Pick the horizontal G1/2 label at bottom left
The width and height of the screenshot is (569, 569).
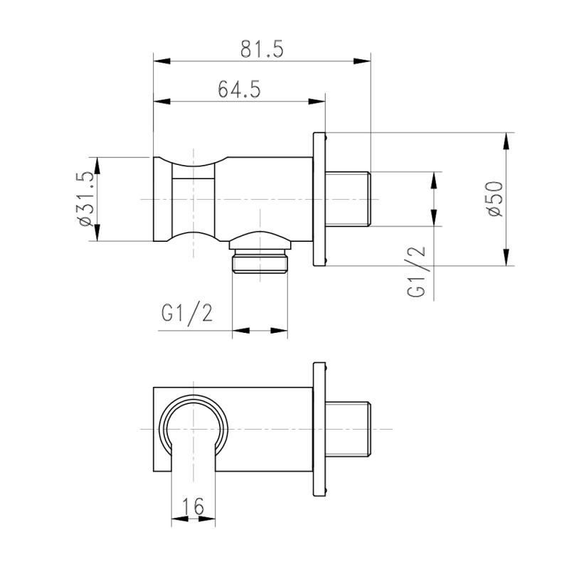point(187,313)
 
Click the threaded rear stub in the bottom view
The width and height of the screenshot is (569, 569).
point(349,428)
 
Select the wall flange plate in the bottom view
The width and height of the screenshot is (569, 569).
point(319,428)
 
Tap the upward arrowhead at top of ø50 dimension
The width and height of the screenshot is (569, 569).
point(506,141)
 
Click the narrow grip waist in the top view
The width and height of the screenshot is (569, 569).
point(193,199)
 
